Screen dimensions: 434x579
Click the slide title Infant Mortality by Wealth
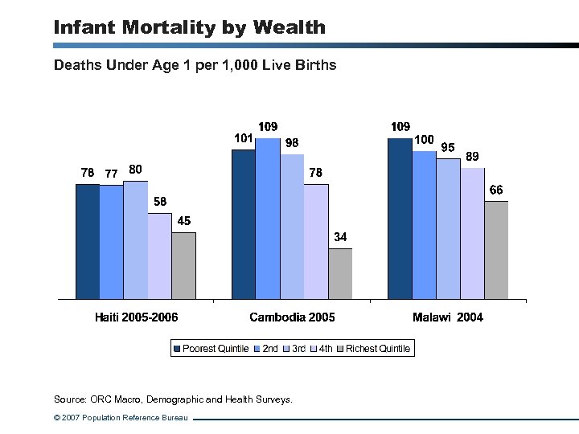point(190,27)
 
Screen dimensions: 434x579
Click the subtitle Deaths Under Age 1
point(195,64)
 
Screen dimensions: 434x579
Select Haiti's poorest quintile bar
point(88,241)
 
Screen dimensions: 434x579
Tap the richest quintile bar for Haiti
point(183,265)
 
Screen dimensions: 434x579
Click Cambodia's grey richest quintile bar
point(340,273)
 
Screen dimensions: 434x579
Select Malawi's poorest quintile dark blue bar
point(400,217)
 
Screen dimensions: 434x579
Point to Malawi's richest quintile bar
point(496,249)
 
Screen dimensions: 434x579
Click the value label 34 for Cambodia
point(340,237)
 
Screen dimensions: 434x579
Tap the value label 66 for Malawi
point(496,190)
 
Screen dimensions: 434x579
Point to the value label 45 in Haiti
point(184,221)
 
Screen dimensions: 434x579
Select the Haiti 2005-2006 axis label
point(137,317)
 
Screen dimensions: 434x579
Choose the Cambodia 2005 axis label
point(292,317)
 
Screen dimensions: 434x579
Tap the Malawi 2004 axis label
point(448,317)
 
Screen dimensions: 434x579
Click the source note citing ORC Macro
point(173,399)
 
